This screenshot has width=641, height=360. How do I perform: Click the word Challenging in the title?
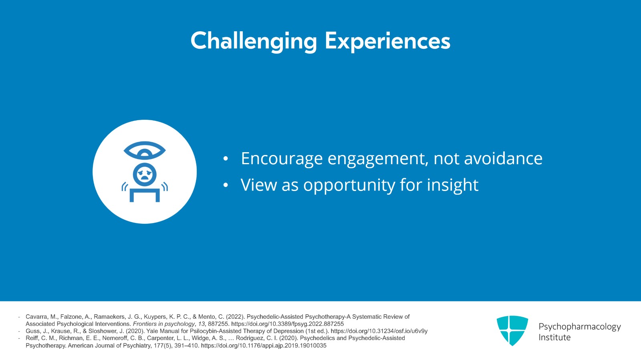(x=254, y=42)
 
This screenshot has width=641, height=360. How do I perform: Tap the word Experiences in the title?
(x=387, y=42)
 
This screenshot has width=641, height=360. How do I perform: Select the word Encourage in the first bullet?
(x=282, y=159)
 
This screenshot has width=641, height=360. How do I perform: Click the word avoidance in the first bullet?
(x=503, y=159)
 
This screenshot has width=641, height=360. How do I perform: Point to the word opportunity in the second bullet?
(x=349, y=185)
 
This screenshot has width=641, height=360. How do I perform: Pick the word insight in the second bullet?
(x=452, y=185)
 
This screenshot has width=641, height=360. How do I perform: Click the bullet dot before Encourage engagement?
(x=226, y=159)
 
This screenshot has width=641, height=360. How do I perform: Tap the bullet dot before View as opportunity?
(x=226, y=185)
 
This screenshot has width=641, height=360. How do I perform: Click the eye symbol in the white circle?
(x=145, y=151)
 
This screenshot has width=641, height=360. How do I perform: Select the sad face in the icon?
(x=145, y=175)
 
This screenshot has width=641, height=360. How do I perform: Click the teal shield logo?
(x=512, y=330)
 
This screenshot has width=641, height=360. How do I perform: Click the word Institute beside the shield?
(x=554, y=338)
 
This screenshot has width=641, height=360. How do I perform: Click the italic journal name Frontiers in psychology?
(x=164, y=324)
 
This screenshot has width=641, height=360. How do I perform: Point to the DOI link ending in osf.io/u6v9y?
(x=379, y=331)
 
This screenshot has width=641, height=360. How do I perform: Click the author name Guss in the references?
(x=32, y=331)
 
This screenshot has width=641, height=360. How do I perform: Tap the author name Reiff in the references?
(x=32, y=338)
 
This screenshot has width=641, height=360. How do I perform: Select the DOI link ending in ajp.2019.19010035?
(x=264, y=346)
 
